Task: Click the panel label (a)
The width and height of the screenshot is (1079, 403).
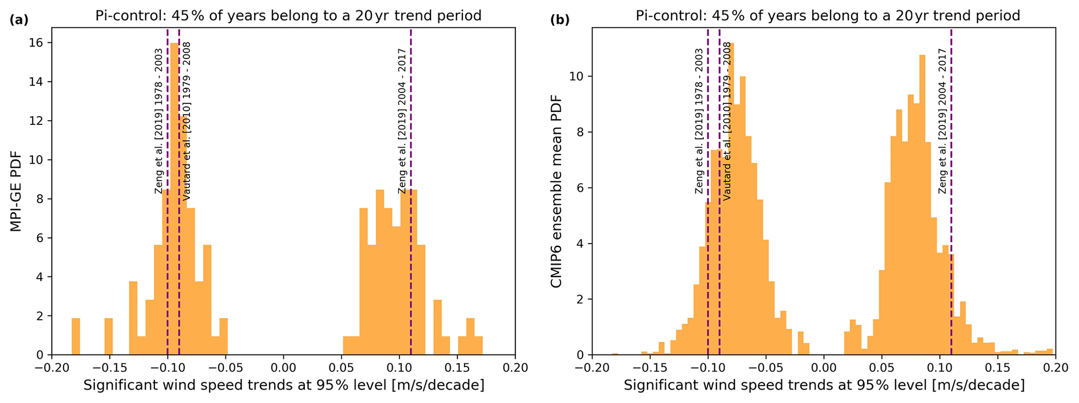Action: coord(19,20)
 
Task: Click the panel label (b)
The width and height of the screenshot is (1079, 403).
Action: coord(560,20)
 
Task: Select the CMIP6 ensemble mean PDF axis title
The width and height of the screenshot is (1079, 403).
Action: coord(556,191)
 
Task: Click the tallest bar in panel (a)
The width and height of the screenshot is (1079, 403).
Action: coord(174,199)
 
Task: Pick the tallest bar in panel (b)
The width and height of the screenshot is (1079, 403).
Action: coord(730,199)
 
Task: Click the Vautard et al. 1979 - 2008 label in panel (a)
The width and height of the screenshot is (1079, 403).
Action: coord(186,121)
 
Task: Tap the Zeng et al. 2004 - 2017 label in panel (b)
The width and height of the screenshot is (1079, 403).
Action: coord(943,121)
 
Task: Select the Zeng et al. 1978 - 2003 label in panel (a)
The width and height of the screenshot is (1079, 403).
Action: coord(159,121)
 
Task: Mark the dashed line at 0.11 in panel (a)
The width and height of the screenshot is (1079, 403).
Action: coord(411,261)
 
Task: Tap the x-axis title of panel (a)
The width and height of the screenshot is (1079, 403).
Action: coord(283,386)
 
